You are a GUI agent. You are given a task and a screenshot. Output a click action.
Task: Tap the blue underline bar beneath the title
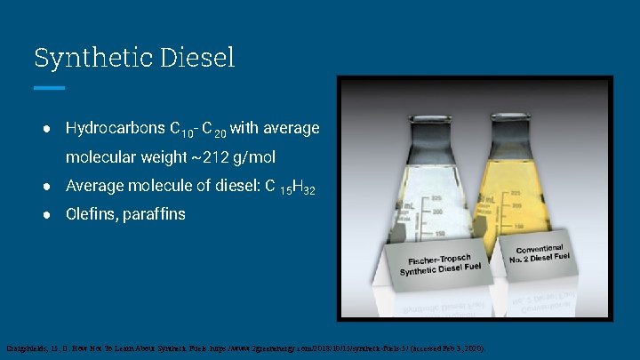click(49, 88)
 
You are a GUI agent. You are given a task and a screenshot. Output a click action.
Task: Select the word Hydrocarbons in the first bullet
click(116, 128)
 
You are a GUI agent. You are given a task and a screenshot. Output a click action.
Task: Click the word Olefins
click(91, 214)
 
